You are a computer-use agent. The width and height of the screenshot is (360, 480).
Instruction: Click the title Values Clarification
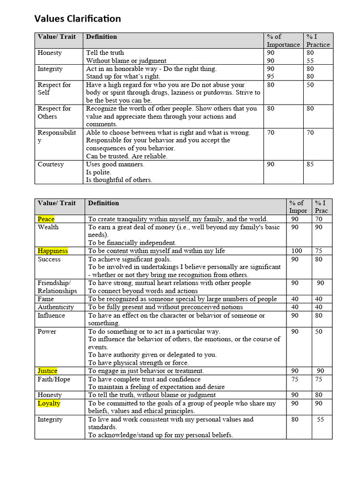[x=77, y=19]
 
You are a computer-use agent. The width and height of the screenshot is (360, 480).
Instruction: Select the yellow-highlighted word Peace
[x=46, y=219]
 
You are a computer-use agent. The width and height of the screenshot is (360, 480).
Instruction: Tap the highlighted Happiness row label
[x=52, y=251]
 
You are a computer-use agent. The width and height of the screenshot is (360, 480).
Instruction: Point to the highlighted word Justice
[x=47, y=371]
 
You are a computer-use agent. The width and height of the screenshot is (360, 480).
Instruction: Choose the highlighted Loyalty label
[x=49, y=403]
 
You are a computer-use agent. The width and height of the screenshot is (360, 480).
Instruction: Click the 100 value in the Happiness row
[x=296, y=251]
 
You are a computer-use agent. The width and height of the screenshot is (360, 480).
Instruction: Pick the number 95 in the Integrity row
[x=270, y=76]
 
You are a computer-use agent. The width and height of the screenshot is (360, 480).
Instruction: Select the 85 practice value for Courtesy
[x=310, y=165]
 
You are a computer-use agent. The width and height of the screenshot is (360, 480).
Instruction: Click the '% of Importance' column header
[x=283, y=41]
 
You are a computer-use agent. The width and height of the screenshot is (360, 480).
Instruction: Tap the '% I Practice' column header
[x=318, y=41]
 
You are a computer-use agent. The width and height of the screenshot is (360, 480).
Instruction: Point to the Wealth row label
[x=48, y=227]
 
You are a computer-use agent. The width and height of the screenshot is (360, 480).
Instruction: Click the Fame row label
[x=45, y=299]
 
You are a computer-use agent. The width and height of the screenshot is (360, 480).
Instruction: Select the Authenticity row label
[x=55, y=307]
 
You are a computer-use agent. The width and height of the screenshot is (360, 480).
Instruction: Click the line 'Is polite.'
[x=98, y=172]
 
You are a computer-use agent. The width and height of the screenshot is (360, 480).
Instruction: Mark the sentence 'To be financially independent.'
[x=132, y=243]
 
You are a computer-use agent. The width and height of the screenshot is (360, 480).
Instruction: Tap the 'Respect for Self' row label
[x=54, y=89]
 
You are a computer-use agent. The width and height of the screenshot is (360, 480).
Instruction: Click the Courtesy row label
[x=51, y=165]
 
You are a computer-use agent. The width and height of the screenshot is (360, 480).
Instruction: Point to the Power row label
[x=47, y=331]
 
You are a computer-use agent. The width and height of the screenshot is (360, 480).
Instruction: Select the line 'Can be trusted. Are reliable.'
[x=127, y=156]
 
